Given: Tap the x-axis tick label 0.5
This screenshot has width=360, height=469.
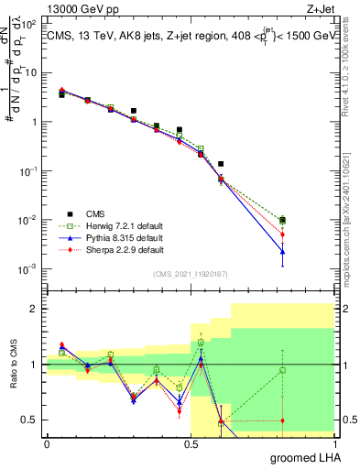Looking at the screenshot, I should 191,443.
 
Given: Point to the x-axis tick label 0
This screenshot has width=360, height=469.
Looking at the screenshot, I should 47,443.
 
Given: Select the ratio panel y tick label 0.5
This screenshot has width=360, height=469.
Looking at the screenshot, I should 30,420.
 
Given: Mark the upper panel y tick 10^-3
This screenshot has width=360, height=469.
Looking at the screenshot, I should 30,268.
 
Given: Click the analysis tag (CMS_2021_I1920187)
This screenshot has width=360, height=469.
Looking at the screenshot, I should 190,274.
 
